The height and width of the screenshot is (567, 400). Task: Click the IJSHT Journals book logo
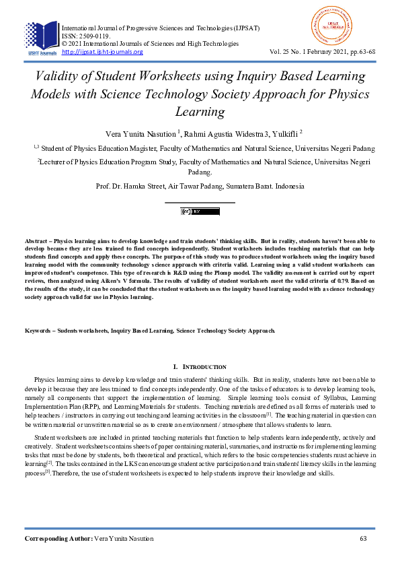[x=41, y=38]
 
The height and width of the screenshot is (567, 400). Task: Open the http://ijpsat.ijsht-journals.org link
[x=102, y=52]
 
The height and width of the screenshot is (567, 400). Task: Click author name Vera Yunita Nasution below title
[x=140, y=133]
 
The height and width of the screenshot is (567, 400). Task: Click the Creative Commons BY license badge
[x=200, y=211]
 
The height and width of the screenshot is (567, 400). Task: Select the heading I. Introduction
[x=200, y=367]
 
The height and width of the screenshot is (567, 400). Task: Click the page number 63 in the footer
[x=364, y=539]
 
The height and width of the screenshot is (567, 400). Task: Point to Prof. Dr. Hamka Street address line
[x=200, y=186]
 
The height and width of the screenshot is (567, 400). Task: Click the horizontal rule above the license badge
[x=200, y=201]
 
